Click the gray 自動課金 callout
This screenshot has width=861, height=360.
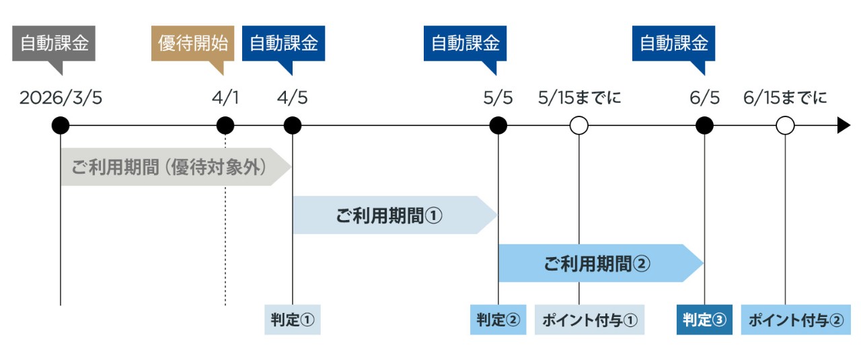click(x=54, y=44)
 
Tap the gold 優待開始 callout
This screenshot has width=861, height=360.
click(x=192, y=44)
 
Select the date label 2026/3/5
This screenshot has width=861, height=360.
click(x=61, y=98)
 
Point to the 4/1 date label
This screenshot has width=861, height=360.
click(x=225, y=98)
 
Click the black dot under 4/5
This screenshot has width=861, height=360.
click(x=293, y=125)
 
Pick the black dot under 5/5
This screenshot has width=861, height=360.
click(x=498, y=125)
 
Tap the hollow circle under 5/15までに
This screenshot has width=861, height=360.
click(x=578, y=125)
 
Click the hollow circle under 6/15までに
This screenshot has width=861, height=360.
click(x=785, y=125)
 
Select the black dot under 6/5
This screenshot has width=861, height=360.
click(x=704, y=125)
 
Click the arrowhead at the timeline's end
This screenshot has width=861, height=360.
click(x=844, y=125)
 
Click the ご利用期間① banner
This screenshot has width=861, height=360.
click(x=390, y=215)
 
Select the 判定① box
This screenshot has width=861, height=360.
click(x=293, y=320)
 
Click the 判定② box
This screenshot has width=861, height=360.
click(x=498, y=320)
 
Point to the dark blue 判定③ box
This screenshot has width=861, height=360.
click(x=704, y=320)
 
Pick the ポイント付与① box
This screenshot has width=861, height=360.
click(x=590, y=320)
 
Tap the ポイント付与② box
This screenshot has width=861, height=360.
click(x=795, y=320)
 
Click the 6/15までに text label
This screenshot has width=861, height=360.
click(x=785, y=98)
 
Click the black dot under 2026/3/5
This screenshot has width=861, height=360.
click(x=61, y=125)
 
